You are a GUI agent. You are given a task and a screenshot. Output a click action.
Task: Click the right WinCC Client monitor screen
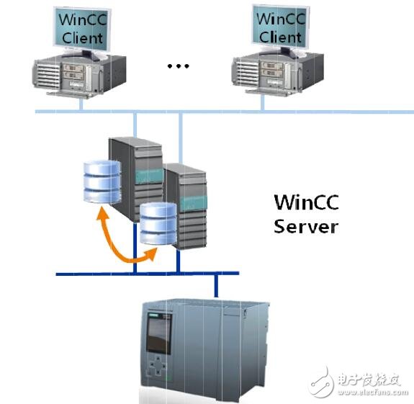point(279,27)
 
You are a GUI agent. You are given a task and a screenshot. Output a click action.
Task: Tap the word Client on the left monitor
point(80,36)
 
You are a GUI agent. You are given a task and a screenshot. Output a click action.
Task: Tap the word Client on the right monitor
point(279,36)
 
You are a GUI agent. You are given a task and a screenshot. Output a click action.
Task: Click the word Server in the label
point(306,226)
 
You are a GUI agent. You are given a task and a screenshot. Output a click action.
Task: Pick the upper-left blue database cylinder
point(100,181)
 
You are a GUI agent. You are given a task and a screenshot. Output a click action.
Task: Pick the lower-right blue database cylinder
point(158,223)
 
